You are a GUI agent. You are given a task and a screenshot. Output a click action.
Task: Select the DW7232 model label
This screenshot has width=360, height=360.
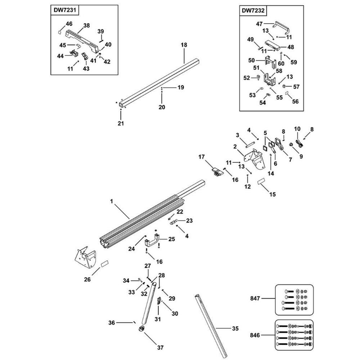coord(253,11)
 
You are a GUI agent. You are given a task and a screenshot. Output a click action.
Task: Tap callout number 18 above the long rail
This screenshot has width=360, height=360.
coord(184,45)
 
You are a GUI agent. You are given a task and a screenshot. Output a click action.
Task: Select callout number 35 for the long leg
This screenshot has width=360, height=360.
coord(235,328)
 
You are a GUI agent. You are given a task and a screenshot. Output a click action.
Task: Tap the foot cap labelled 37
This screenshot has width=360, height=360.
coord(141,328)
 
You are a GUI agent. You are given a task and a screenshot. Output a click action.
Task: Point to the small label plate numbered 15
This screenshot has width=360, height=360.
coord(261,181)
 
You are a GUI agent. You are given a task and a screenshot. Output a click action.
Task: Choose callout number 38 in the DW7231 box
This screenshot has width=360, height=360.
coord(86,26)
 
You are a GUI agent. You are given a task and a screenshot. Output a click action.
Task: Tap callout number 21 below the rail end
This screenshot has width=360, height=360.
coord(121,123)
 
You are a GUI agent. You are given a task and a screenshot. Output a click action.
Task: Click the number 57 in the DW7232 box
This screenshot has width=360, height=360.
coord(296,87)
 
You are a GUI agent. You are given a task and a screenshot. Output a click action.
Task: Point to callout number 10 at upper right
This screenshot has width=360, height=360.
coord(297,129)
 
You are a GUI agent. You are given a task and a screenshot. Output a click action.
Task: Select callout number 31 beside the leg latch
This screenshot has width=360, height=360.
coord(157,319)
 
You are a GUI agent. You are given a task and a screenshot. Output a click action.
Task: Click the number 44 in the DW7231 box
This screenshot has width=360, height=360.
coord(60,56)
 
